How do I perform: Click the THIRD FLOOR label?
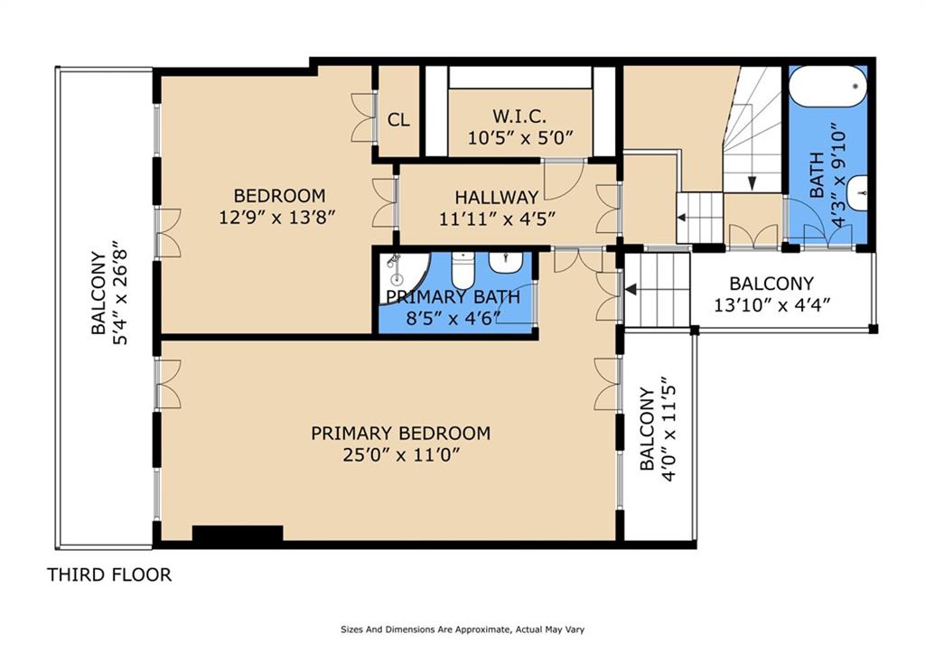[109, 574]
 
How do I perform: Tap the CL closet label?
[398, 120]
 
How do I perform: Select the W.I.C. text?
[519, 115]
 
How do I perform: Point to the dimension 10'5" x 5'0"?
[520, 138]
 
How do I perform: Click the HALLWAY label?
[497, 196]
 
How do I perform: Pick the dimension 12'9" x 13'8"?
[278, 218]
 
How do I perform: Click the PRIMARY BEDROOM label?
[400, 434]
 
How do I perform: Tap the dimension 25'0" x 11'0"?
[400, 456]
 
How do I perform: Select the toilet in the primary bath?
[463, 270]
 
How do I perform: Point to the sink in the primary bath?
[505, 264]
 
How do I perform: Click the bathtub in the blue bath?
[828, 87]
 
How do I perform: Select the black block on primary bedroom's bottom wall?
[238, 533]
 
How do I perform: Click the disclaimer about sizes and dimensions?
[462, 630]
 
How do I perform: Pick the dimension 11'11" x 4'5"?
[497, 219]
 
